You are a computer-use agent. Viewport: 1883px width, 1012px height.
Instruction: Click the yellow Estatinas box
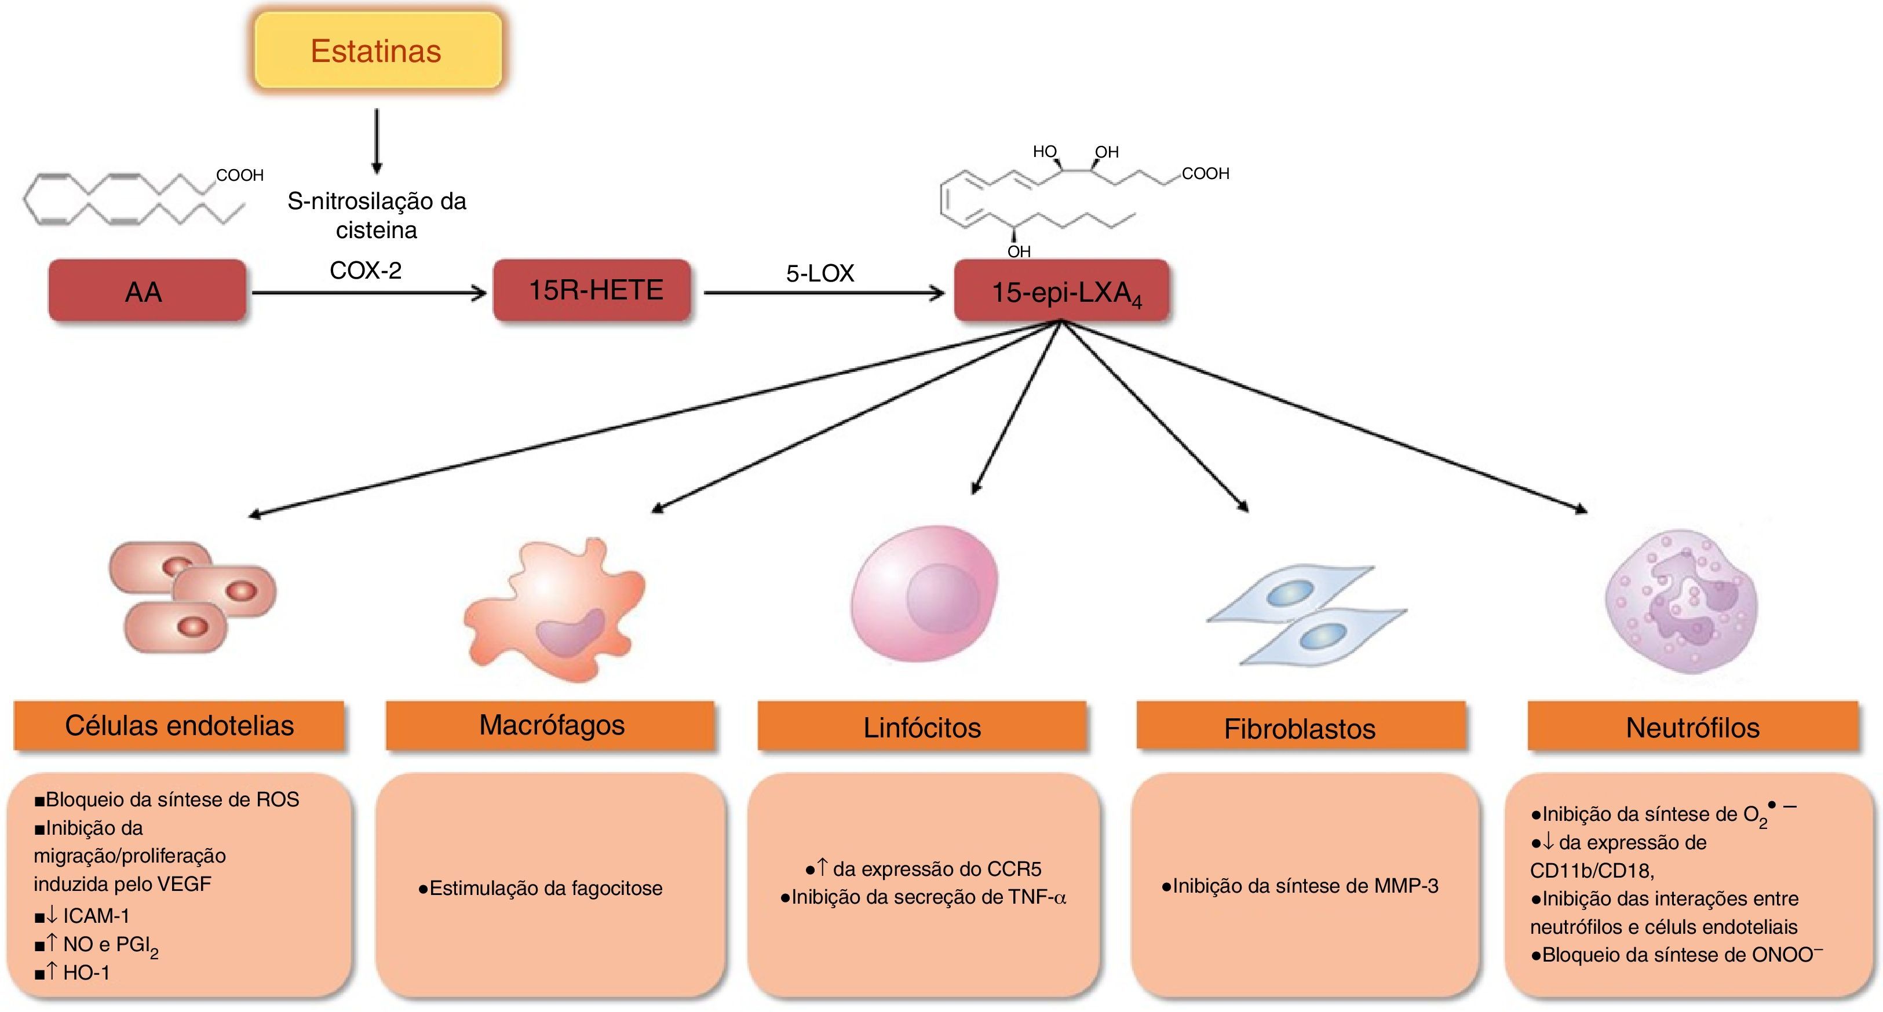378,50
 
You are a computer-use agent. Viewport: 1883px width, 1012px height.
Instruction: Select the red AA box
148,290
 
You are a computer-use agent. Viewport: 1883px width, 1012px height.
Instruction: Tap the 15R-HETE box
592,290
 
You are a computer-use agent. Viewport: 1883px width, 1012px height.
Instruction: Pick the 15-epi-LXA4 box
1061,290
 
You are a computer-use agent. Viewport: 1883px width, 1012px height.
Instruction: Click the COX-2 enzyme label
366,271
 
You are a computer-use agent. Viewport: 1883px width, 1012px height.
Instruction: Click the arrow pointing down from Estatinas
377,141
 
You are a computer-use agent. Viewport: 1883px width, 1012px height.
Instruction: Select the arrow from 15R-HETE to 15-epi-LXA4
824,293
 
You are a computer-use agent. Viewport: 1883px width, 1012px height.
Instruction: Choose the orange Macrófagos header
550,726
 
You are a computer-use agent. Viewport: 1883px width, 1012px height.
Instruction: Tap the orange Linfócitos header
922,726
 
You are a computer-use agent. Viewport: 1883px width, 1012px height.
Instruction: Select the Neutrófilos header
1693,726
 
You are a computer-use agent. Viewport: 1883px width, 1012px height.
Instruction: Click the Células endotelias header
179,726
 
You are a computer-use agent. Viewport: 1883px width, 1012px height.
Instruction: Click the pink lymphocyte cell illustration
925,593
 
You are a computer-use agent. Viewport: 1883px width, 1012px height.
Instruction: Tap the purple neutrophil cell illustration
1681,601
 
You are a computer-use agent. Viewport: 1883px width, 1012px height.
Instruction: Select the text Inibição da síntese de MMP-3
1300,886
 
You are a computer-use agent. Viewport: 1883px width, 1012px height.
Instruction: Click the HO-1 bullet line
72,973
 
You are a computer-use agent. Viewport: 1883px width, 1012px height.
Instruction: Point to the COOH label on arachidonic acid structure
240,176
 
